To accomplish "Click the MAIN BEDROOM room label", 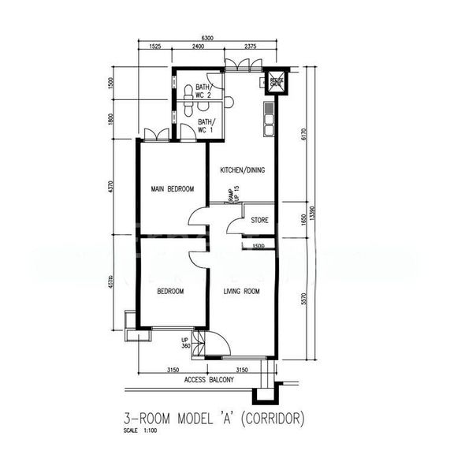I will click(173, 189).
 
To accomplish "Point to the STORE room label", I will click(259, 221).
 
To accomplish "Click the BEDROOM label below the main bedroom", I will click(170, 292).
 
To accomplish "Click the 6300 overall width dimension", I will click(207, 38).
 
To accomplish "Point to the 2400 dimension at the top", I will click(198, 47).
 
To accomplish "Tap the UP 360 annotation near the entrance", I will click(186, 344).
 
